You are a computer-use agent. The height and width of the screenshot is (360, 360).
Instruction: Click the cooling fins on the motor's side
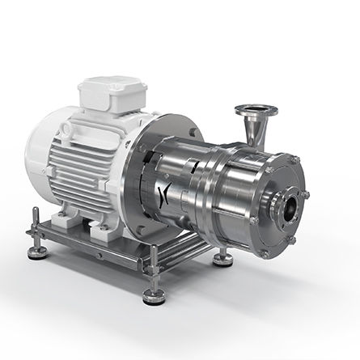pos(97,162)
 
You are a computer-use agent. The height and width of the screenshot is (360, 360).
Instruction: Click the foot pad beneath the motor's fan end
pos(37,252)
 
